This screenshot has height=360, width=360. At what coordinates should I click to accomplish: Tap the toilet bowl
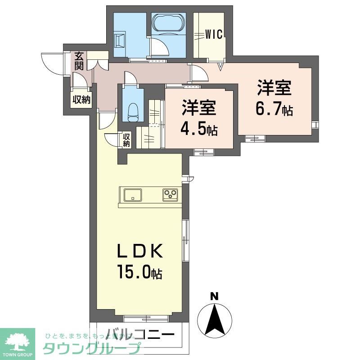coord(133,111)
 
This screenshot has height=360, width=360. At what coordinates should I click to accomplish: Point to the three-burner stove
coord(171,195)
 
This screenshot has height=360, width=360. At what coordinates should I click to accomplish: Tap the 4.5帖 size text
coord(198,129)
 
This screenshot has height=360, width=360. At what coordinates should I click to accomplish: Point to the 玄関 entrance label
coord(79,61)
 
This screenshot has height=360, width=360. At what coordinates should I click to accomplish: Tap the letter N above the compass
coord(215,297)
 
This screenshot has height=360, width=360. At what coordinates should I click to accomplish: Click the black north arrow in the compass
coord(215,318)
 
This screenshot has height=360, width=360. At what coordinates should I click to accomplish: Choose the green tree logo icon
coord(17,341)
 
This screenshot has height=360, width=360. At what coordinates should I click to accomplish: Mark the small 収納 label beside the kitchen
coord(126,140)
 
